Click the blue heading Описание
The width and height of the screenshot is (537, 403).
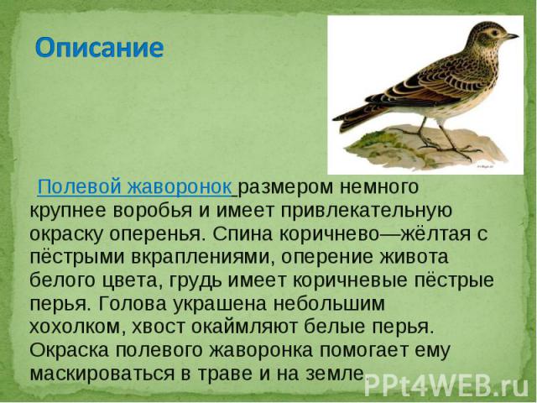click(x=99, y=48)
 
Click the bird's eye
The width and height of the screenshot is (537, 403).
click(x=494, y=33)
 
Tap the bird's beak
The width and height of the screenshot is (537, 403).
click(x=513, y=35)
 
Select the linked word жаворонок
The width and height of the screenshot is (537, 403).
click(x=180, y=187)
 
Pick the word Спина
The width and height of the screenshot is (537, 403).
click(x=242, y=234)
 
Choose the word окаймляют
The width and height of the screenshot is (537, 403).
click(x=244, y=327)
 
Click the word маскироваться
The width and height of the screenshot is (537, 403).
click(x=102, y=373)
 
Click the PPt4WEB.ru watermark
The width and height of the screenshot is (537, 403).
click(x=446, y=386)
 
